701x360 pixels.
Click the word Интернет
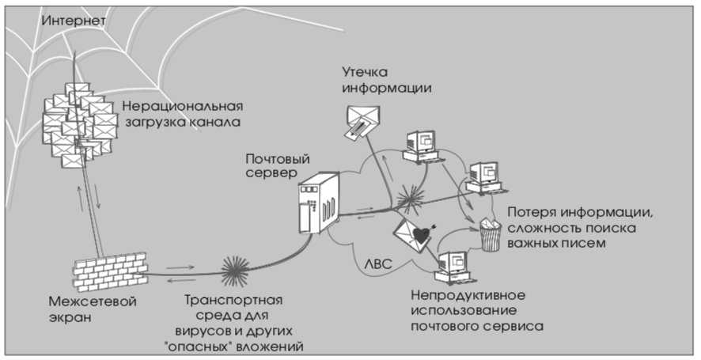click(x=70, y=21)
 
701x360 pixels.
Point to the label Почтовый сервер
click(x=273, y=165)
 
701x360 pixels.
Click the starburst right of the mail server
click(x=411, y=198)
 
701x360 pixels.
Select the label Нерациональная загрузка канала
click(x=181, y=114)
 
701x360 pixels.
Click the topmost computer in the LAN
click(x=421, y=143)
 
